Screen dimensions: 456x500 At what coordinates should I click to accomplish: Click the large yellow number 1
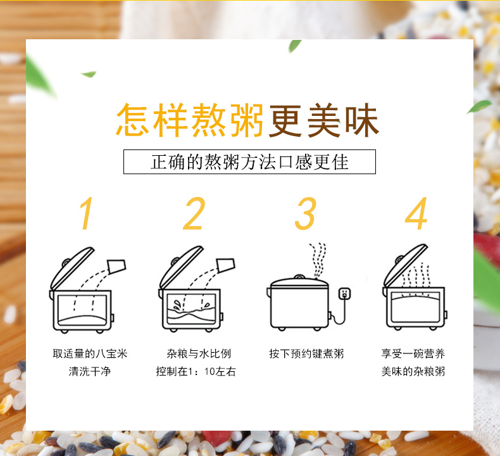(x=87, y=213)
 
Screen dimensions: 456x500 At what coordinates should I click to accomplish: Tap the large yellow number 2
(x=195, y=213)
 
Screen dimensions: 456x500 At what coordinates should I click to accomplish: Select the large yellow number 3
(x=306, y=213)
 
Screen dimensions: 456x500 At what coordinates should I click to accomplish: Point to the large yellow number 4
(x=416, y=213)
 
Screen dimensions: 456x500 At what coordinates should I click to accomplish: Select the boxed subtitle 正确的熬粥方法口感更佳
(x=249, y=161)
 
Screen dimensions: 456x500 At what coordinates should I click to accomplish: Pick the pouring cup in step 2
(x=225, y=265)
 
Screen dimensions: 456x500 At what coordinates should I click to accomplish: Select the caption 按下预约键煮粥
(x=306, y=354)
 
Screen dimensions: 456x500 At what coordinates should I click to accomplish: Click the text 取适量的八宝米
(x=90, y=354)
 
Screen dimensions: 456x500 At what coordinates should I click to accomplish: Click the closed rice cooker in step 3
(x=297, y=302)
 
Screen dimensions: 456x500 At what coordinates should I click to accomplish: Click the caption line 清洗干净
(x=90, y=372)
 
